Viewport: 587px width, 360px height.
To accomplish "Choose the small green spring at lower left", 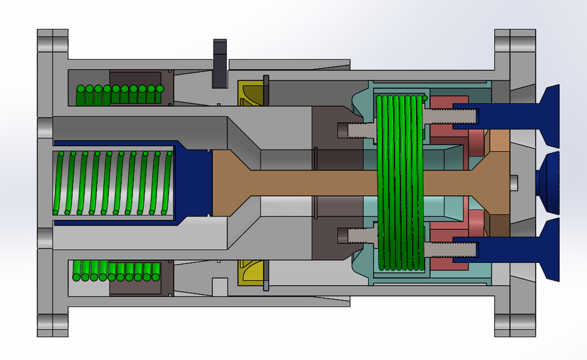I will point(116,271).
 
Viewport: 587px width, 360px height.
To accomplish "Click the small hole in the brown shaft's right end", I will point(514,182).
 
